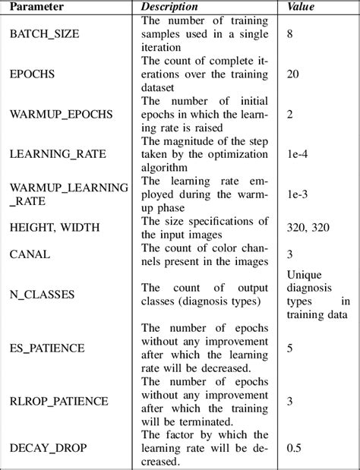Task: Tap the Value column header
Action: pos(302,8)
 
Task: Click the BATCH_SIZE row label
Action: pos(43,34)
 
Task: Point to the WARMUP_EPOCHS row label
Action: pos(60,114)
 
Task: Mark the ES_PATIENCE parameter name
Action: pos(46,347)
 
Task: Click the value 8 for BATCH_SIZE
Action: pos(290,34)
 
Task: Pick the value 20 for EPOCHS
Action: pos(293,74)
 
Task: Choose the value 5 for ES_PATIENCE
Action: pos(290,347)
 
